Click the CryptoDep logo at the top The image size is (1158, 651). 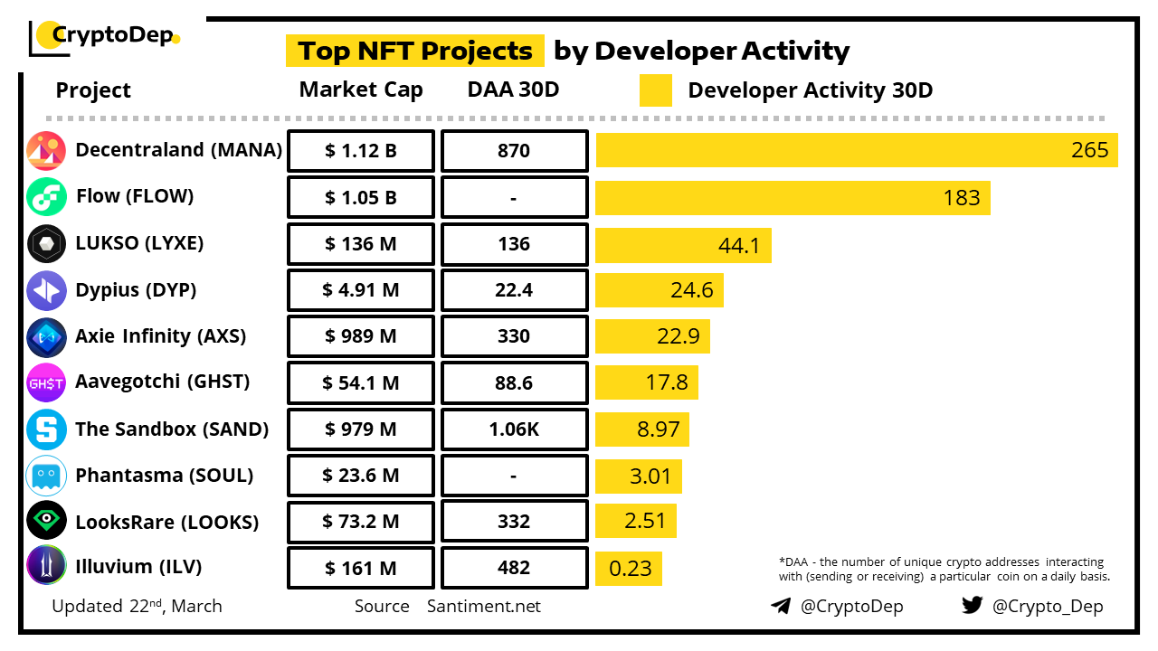click(x=105, y=36)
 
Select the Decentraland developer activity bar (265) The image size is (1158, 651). click(x=856, y=150)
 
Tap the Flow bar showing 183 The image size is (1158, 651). click(x=793, y=197)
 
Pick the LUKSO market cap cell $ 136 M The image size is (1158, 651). click(x=361, y=244)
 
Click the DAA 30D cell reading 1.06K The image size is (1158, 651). click(x=514, y=429)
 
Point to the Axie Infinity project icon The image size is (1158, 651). click(x=46, y=337)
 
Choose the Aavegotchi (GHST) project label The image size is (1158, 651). click(x=163, y=382)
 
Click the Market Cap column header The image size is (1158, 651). click(x=361, y=90)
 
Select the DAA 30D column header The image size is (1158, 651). click(x=514, y=90)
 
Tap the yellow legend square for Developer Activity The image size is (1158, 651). click(x=656, y=90)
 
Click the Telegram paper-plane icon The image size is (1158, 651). click(x=780, y=606)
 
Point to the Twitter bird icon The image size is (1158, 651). click(x=972, y=605)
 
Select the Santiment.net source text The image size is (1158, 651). click(x=484, y=607)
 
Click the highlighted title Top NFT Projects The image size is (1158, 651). click(x=415, y=51)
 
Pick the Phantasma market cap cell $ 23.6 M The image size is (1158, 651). click(x=361, y=476)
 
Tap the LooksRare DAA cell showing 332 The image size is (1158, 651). click(x=514, y=522)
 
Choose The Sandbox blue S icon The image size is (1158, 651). click(x=46, y=429)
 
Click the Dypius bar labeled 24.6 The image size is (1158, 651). click(x=659, y=290)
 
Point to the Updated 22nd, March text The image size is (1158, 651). click(x=137, y=607)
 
